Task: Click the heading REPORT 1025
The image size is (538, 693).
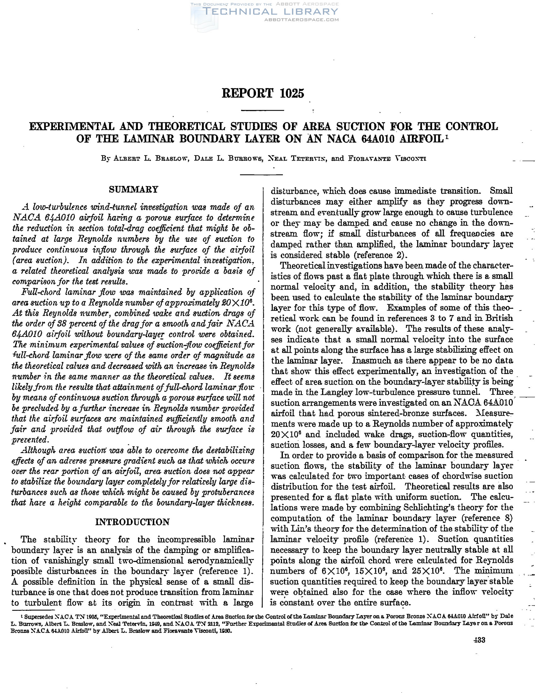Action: pyautogui.click(x=263, y=94)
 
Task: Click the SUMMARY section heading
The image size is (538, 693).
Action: pyautogui.click(x=133, y=189)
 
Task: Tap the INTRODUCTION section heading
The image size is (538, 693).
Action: pyautogui.click(x=133, y=522)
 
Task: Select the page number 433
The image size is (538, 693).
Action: pyautogui.click(x=479, y=640)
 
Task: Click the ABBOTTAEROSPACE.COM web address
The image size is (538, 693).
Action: pyautogui.click(x=301, y=20)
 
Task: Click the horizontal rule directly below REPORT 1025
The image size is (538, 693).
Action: pyautogui.click(x=262, y=110)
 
